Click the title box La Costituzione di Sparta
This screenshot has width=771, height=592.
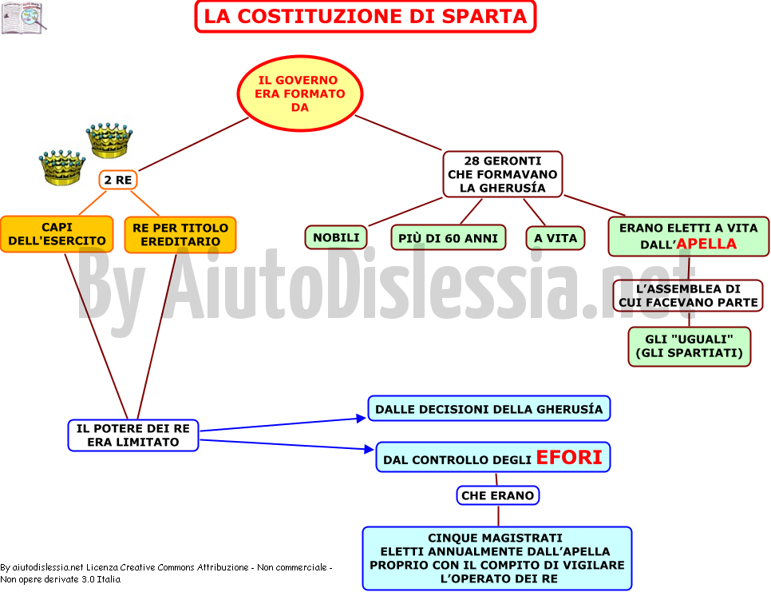(366, 16)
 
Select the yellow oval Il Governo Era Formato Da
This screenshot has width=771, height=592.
(300, 93)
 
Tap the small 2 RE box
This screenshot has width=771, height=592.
(118, 180)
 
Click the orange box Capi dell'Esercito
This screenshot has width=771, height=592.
(57, 234)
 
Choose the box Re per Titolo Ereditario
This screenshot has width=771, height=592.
(180, 235)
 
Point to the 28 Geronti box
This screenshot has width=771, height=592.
(503, 174)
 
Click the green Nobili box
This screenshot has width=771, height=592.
(336, 238)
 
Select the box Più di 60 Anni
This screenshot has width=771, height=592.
(449, 238)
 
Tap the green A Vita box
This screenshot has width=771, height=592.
(556, 238)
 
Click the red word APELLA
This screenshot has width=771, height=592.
(706, 244)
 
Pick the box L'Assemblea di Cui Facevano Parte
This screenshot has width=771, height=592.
(688, 296)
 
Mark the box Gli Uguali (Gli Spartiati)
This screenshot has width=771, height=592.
(690, 347)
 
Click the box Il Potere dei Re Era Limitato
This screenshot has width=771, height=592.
(133, 435)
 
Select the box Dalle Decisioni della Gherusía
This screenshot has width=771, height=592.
(489, 409)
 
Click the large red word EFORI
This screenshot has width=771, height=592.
(569, 457)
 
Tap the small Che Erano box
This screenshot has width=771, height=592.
(497, 495)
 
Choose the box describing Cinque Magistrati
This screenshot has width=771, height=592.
(497, 558)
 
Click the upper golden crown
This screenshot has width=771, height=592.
(109, 141)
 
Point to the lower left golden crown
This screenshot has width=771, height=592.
(62, 167)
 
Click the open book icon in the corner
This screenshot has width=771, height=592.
(24, 18)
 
